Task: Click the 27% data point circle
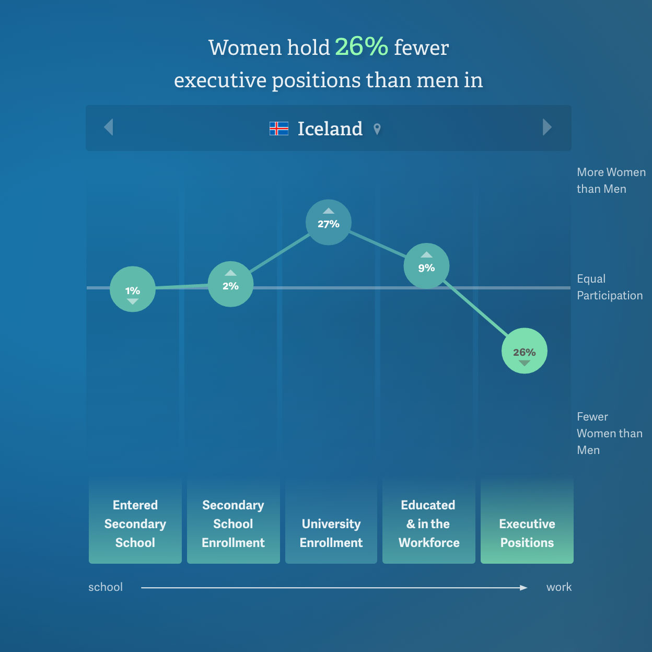click(328, 222)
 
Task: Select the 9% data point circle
click(426, 266)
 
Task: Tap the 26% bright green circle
click(524, 351)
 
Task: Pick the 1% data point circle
click(133, 289)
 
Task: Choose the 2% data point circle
click(230, 284)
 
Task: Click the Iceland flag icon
click(279, 129)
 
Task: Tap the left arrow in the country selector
click(108, 127)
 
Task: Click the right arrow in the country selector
click(547, 127)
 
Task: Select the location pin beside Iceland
click(377, 129)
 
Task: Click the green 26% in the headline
click(362, 46)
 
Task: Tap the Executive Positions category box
click(527, 521)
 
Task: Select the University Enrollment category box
click(331, 521)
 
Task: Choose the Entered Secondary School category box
click(135, 521)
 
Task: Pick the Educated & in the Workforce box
click(429, 521)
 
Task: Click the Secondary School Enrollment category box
click(233, 521)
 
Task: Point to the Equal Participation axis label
click(610, 287)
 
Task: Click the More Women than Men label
click(611, 180)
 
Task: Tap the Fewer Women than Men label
click(609, 433)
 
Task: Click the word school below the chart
click(106, 587)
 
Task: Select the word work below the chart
click(559, 587)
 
